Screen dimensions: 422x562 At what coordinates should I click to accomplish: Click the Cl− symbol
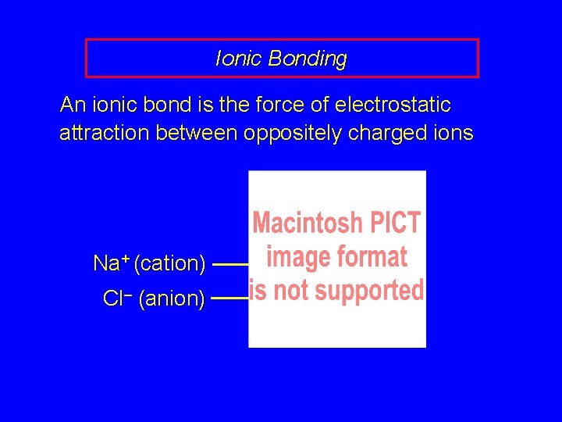click(x=117, y=299)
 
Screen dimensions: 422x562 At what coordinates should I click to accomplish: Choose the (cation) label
click(x=169, y=264)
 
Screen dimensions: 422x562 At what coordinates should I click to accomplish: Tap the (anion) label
click(x=172, y=299)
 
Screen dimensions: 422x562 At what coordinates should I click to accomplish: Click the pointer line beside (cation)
click(x=230, y=265)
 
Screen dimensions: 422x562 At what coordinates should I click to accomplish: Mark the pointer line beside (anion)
click(x=229, y=298)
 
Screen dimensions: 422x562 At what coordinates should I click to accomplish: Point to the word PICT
click(x=396, y=223)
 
